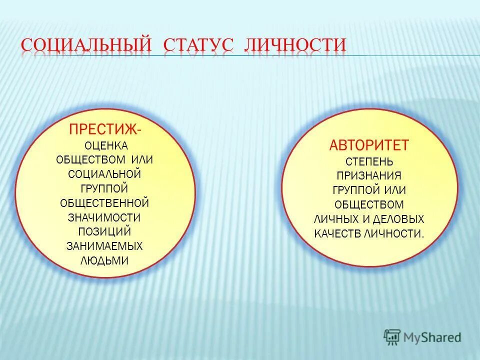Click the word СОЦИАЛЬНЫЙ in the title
coord(86,44)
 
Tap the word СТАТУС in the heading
coord(198,44)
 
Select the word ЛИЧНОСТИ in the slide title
coord(295,44)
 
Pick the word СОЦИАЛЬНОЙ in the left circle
coord(104,174)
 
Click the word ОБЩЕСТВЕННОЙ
coord(104,203)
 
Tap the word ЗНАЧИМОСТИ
coord(104,217)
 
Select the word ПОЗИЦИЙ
coord(104,232)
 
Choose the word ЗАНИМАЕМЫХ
coord(104,246)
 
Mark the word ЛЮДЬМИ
coord(104,260)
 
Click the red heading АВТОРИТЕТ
coord(369,145)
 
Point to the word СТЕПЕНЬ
coord(369,162)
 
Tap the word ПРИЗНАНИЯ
coord(369,176)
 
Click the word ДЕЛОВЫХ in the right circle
coord(400,219)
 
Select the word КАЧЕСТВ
coord(334,233)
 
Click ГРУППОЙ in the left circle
coord(104,188)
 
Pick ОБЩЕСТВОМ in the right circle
coord(369,204)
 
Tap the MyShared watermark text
coord(432,337)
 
